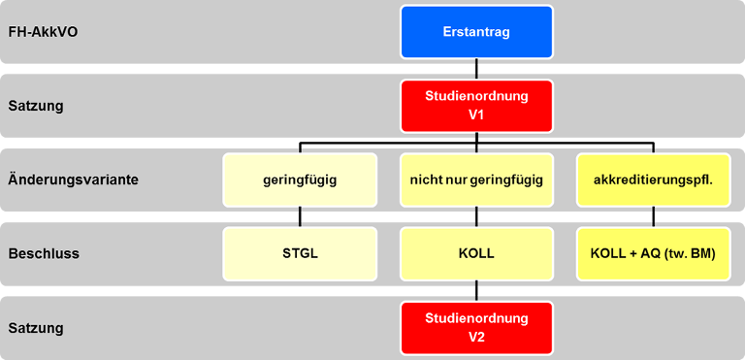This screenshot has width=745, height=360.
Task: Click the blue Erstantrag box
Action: (476, 32)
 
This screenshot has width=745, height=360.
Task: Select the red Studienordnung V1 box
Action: (476, 105)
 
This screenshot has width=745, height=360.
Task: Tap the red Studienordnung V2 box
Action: (476, 327)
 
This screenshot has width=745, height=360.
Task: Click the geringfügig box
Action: (300, 180)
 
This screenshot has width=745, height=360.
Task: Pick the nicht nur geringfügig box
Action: (476, 180)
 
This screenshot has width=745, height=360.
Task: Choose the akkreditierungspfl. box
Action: (653, 180)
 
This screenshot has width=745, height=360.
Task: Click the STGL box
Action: (300, 253)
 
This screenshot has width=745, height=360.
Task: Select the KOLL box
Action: (476, 253)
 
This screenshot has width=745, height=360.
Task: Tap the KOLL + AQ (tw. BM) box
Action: (653, 253)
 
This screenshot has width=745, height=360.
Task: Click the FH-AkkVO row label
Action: (43, 32)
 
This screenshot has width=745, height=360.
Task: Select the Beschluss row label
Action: (43, 253)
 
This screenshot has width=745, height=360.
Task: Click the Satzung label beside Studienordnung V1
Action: (36, 106)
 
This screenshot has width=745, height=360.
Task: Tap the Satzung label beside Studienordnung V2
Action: (36, 328)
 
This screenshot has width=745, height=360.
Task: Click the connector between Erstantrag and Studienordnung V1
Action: (476, 69)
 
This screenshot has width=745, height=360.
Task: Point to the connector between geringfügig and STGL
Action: (300, 216)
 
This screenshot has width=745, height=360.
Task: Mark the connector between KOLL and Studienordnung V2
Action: (476, 290)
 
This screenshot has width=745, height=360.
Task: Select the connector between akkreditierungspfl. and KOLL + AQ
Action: (653, 216)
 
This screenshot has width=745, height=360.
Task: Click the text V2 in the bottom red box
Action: (476, 337)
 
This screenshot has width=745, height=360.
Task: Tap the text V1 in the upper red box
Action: (476, 115)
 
